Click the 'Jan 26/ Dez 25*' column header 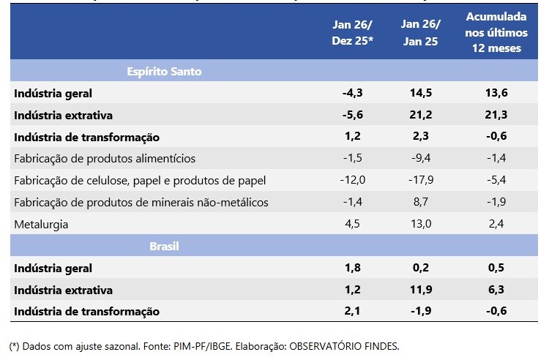[x=353, y=34]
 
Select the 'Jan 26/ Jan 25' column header [x=420, y=34]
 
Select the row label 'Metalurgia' [x=42, y=225]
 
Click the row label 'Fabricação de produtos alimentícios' [x=105, y=159]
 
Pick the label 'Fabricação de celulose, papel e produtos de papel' [x=139, y=181]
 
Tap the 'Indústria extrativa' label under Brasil [x=63, y=290]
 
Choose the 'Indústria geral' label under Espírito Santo [x=53, y=94]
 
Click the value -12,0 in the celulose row [x=353, y=181]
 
